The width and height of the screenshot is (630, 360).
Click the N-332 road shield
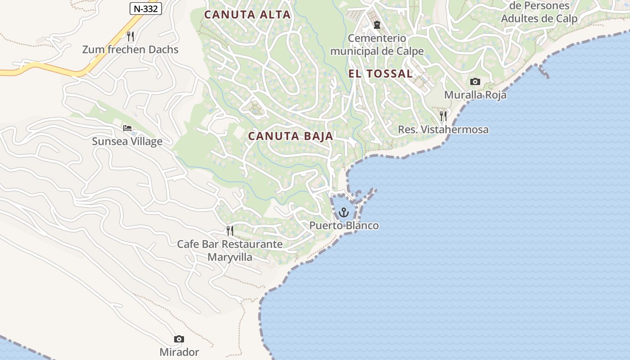145,8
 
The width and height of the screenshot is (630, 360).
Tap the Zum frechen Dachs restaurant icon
130,36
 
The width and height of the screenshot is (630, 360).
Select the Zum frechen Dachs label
130,49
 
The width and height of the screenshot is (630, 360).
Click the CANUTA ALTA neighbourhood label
247,14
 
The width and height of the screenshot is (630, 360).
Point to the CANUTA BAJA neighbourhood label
291,136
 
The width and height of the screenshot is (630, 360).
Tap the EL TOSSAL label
380,74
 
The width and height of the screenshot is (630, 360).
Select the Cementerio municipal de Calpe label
377,45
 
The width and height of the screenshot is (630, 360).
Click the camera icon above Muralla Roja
475,81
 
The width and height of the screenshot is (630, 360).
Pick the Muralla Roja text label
475,95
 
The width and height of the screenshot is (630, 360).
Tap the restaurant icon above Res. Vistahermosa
443,116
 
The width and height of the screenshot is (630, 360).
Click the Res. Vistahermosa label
443,130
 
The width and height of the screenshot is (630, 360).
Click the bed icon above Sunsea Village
127,128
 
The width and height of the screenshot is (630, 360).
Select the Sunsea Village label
127,141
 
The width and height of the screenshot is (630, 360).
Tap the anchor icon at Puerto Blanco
344,212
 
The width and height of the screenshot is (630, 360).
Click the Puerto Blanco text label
344,225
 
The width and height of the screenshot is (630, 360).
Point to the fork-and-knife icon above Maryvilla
230,231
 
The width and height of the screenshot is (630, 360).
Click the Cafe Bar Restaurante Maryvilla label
230,251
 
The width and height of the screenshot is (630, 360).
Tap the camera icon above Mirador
179,339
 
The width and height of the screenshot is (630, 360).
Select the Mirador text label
179,352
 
